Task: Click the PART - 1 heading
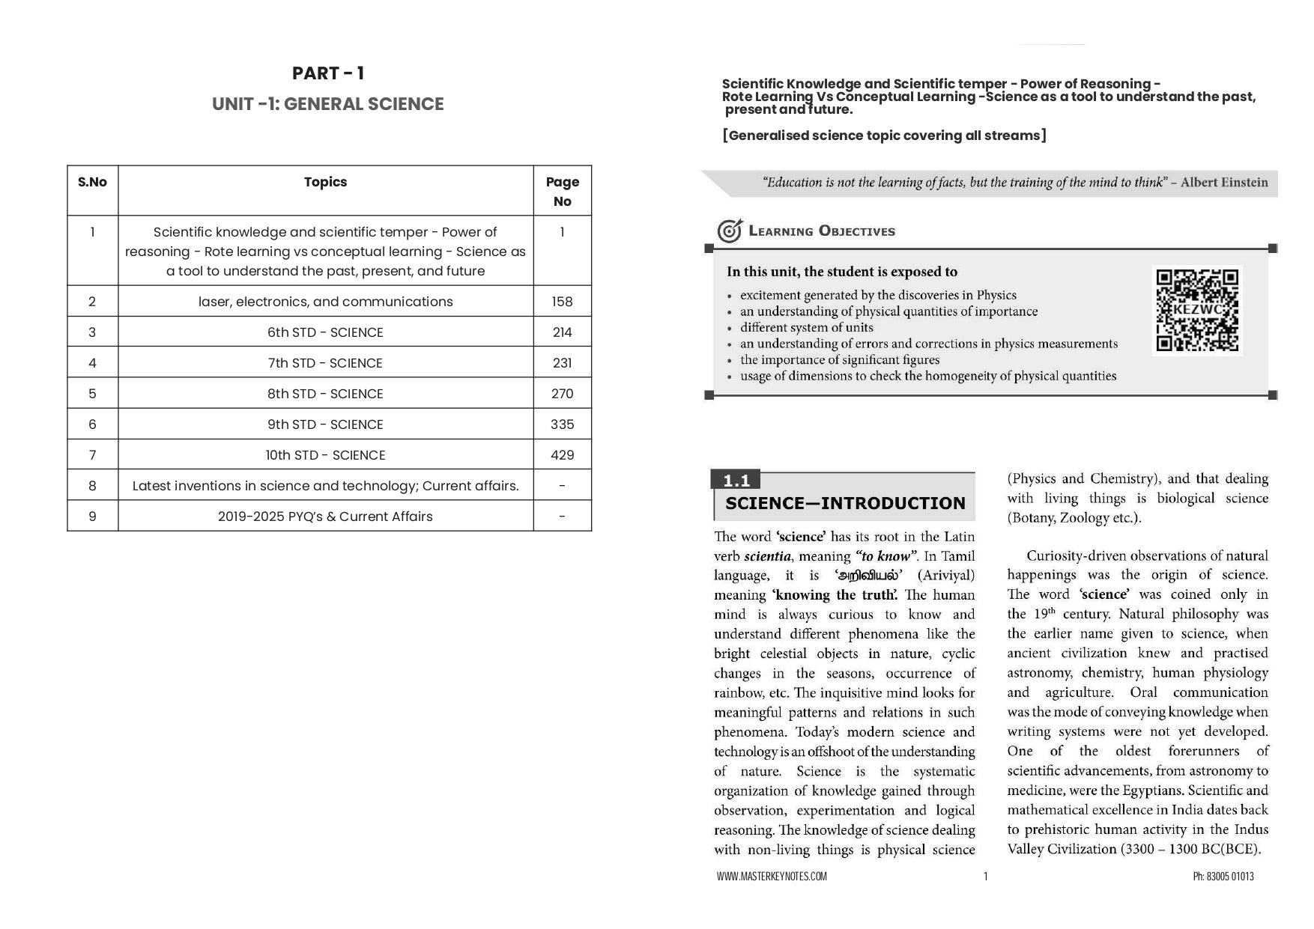point(327,73)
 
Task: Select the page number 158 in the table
point(562,302)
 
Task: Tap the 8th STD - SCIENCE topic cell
point(325,394)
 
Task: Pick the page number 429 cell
point(562,455)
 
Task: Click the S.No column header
point(92,182)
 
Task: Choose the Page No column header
point(562,191)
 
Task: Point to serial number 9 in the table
point(92,517)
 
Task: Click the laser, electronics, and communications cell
point(325,302)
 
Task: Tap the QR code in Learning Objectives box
point(1196,311)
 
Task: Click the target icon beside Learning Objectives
point(729,231)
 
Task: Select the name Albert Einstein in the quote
point(1224,183)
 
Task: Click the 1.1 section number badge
point(736,481)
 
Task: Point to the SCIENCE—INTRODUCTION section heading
point(845,504)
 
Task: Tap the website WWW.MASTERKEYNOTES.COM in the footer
point(771,877)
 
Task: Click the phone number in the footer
point(1223,877)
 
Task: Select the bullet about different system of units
point(806,328)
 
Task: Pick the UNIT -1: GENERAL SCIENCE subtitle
point(327,104)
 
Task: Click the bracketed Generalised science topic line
point(884,135)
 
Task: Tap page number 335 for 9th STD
point(562,424)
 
